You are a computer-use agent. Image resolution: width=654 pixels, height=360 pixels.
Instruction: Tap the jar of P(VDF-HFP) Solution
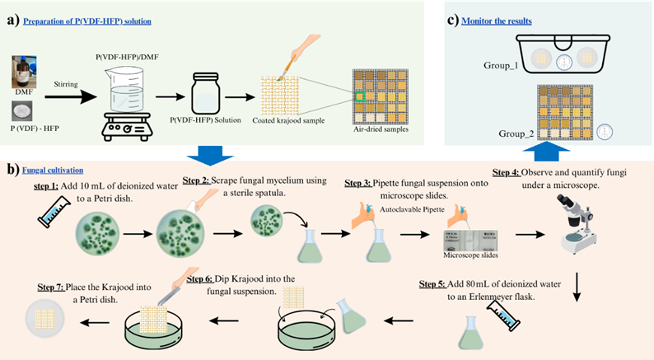[209, 93]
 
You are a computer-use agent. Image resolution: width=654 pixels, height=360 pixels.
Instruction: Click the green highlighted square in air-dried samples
[359, 97]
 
